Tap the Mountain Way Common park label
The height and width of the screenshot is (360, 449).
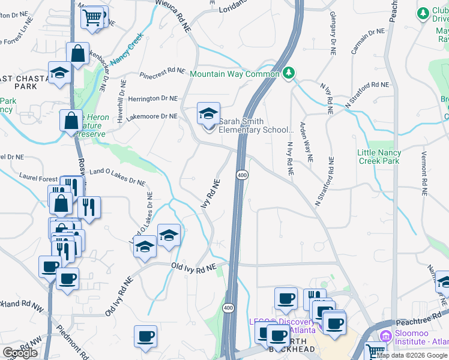point(235,74)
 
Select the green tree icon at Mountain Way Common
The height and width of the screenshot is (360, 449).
point(289,73)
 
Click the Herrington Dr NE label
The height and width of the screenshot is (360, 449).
point(152,98)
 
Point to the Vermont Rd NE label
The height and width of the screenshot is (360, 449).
point(424,174)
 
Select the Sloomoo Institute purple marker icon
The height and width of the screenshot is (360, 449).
point(384,335)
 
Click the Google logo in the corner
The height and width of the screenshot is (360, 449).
point(20,353)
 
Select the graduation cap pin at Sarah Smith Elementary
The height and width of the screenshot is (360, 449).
point(208,113)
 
